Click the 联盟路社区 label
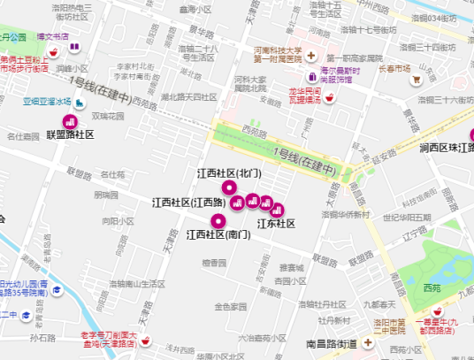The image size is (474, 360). pos(70,134)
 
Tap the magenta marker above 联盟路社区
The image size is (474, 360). pos(65,121)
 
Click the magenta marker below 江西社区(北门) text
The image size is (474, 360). pos(229,187)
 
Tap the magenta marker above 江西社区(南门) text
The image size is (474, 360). pos(208,221)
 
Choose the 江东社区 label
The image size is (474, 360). pos(276,223)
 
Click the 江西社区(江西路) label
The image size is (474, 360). pos(188,203)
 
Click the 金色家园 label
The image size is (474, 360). pos(230,306)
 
